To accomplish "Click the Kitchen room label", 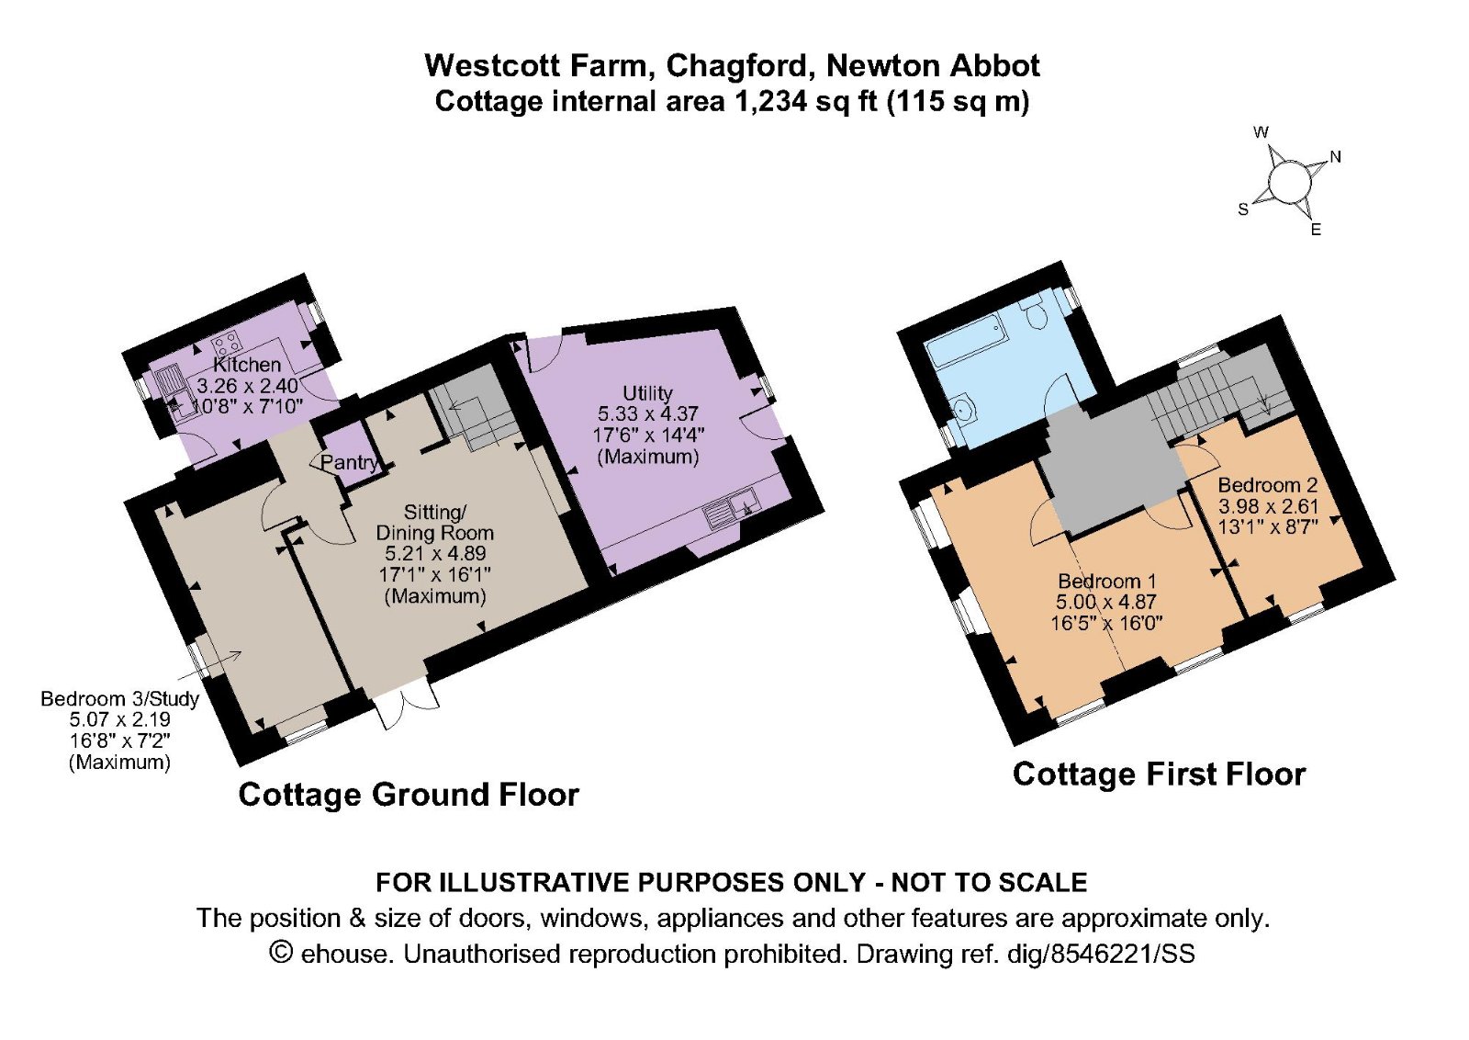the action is pyautogui.click(x=247, y=364).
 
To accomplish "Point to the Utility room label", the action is pyautogui.click(x=647, y=393).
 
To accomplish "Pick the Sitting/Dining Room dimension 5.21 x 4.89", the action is pyautogui.click(x=435, y=554).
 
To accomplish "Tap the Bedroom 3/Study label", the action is pyautogui.click(x=120, y=699).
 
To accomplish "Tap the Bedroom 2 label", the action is pyautogui.click(x=1268, y=485).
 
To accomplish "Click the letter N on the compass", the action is pyautogui.click(x=1335, y=157).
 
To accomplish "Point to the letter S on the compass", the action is pyautogui.click(x=1243, y=209).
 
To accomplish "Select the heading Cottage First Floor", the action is pyautogui.click(x=1159, y=774).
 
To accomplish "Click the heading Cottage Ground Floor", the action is pyautogui.click(x=408, y=795).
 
